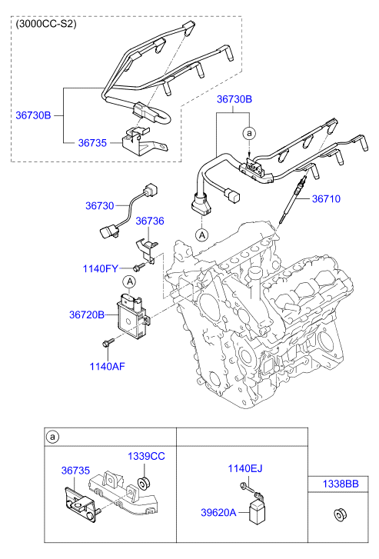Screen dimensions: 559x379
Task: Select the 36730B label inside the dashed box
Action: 33,115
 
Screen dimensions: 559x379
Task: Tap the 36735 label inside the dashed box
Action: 95,142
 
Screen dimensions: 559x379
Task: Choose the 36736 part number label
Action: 150,221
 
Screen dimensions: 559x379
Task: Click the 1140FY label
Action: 101,268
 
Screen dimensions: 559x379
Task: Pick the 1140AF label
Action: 108,366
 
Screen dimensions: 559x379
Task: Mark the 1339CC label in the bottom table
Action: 146,456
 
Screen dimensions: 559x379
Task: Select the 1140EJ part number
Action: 245,468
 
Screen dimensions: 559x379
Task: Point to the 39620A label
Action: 216,511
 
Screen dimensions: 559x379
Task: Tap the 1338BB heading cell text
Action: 339,484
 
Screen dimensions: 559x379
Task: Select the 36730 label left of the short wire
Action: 99,206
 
